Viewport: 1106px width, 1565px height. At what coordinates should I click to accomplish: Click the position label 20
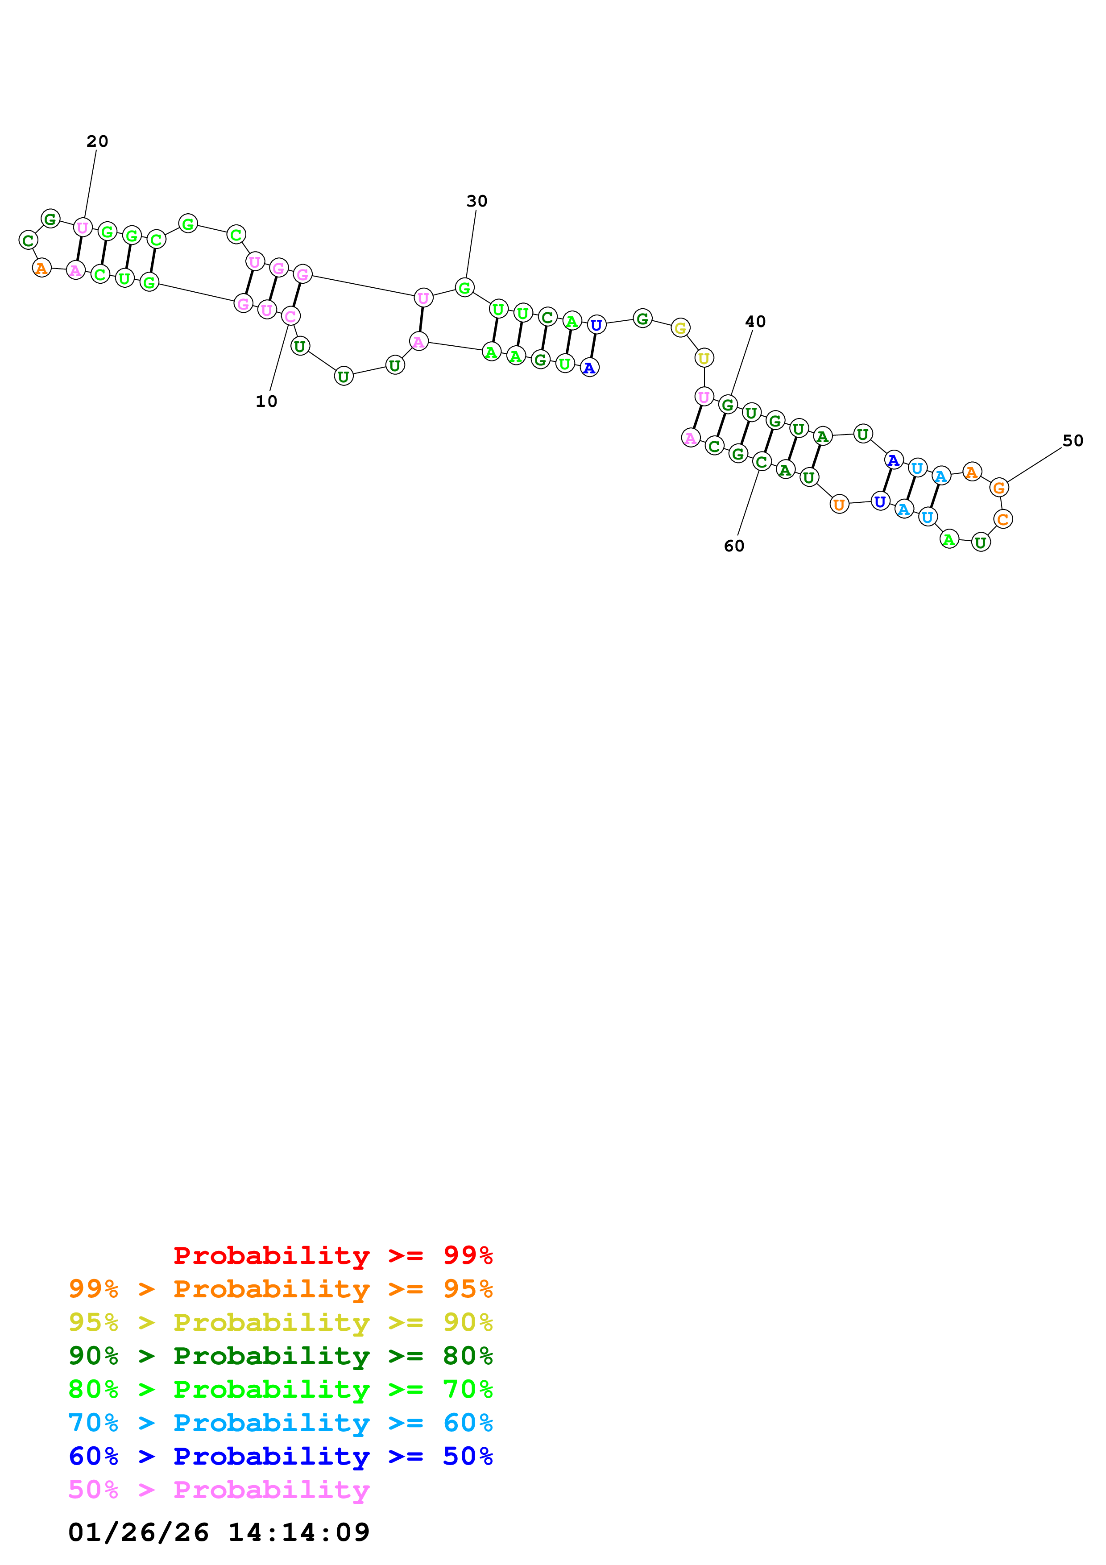[x=97, y=141]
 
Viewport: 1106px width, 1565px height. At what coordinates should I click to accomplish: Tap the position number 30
[x=476, y=201]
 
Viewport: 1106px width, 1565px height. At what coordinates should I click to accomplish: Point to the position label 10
[x=266, y=402]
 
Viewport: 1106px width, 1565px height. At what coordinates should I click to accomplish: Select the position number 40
[x=754, y=322]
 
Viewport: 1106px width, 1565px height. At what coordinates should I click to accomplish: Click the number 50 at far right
[x=1072, y=441]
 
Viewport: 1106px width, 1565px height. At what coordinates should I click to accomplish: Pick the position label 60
[x=733, y=546]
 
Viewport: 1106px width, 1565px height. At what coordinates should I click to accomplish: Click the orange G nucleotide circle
[x=998, y=488]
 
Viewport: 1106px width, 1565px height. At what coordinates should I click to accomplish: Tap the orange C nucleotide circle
[x=1002, y=519]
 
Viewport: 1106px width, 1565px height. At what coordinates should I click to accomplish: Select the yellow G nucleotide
[x=679, y=328]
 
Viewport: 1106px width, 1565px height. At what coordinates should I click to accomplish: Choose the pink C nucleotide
[x=290, y=316]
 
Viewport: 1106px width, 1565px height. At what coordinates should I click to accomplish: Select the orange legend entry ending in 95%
[x=280, y=1289]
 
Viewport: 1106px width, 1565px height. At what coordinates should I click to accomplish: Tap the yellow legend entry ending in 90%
[x=280, y=1322]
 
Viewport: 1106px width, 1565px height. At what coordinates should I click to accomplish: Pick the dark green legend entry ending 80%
[x=280, y=1356]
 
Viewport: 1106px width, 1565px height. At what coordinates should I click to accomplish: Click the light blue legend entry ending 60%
[x=280, y=1423]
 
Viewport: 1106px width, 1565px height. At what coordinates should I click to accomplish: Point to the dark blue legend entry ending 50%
[x=280, y=1456]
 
